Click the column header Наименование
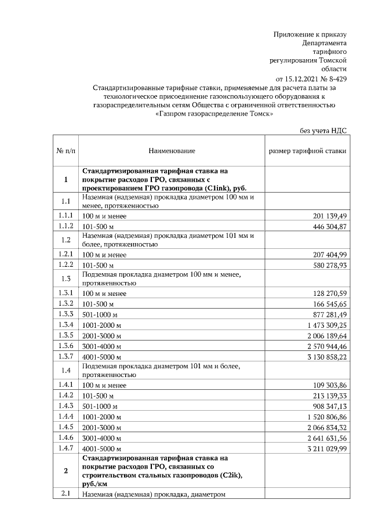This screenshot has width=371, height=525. click(172, 151)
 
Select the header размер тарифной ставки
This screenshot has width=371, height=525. click(307, 151)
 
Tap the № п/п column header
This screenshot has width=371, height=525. click(66, 151)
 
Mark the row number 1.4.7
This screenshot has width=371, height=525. click(66, 448)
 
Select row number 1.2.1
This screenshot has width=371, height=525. click(66, 254)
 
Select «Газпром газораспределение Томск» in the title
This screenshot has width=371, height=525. click(215, 114)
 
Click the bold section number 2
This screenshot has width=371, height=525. click(66, 470)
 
